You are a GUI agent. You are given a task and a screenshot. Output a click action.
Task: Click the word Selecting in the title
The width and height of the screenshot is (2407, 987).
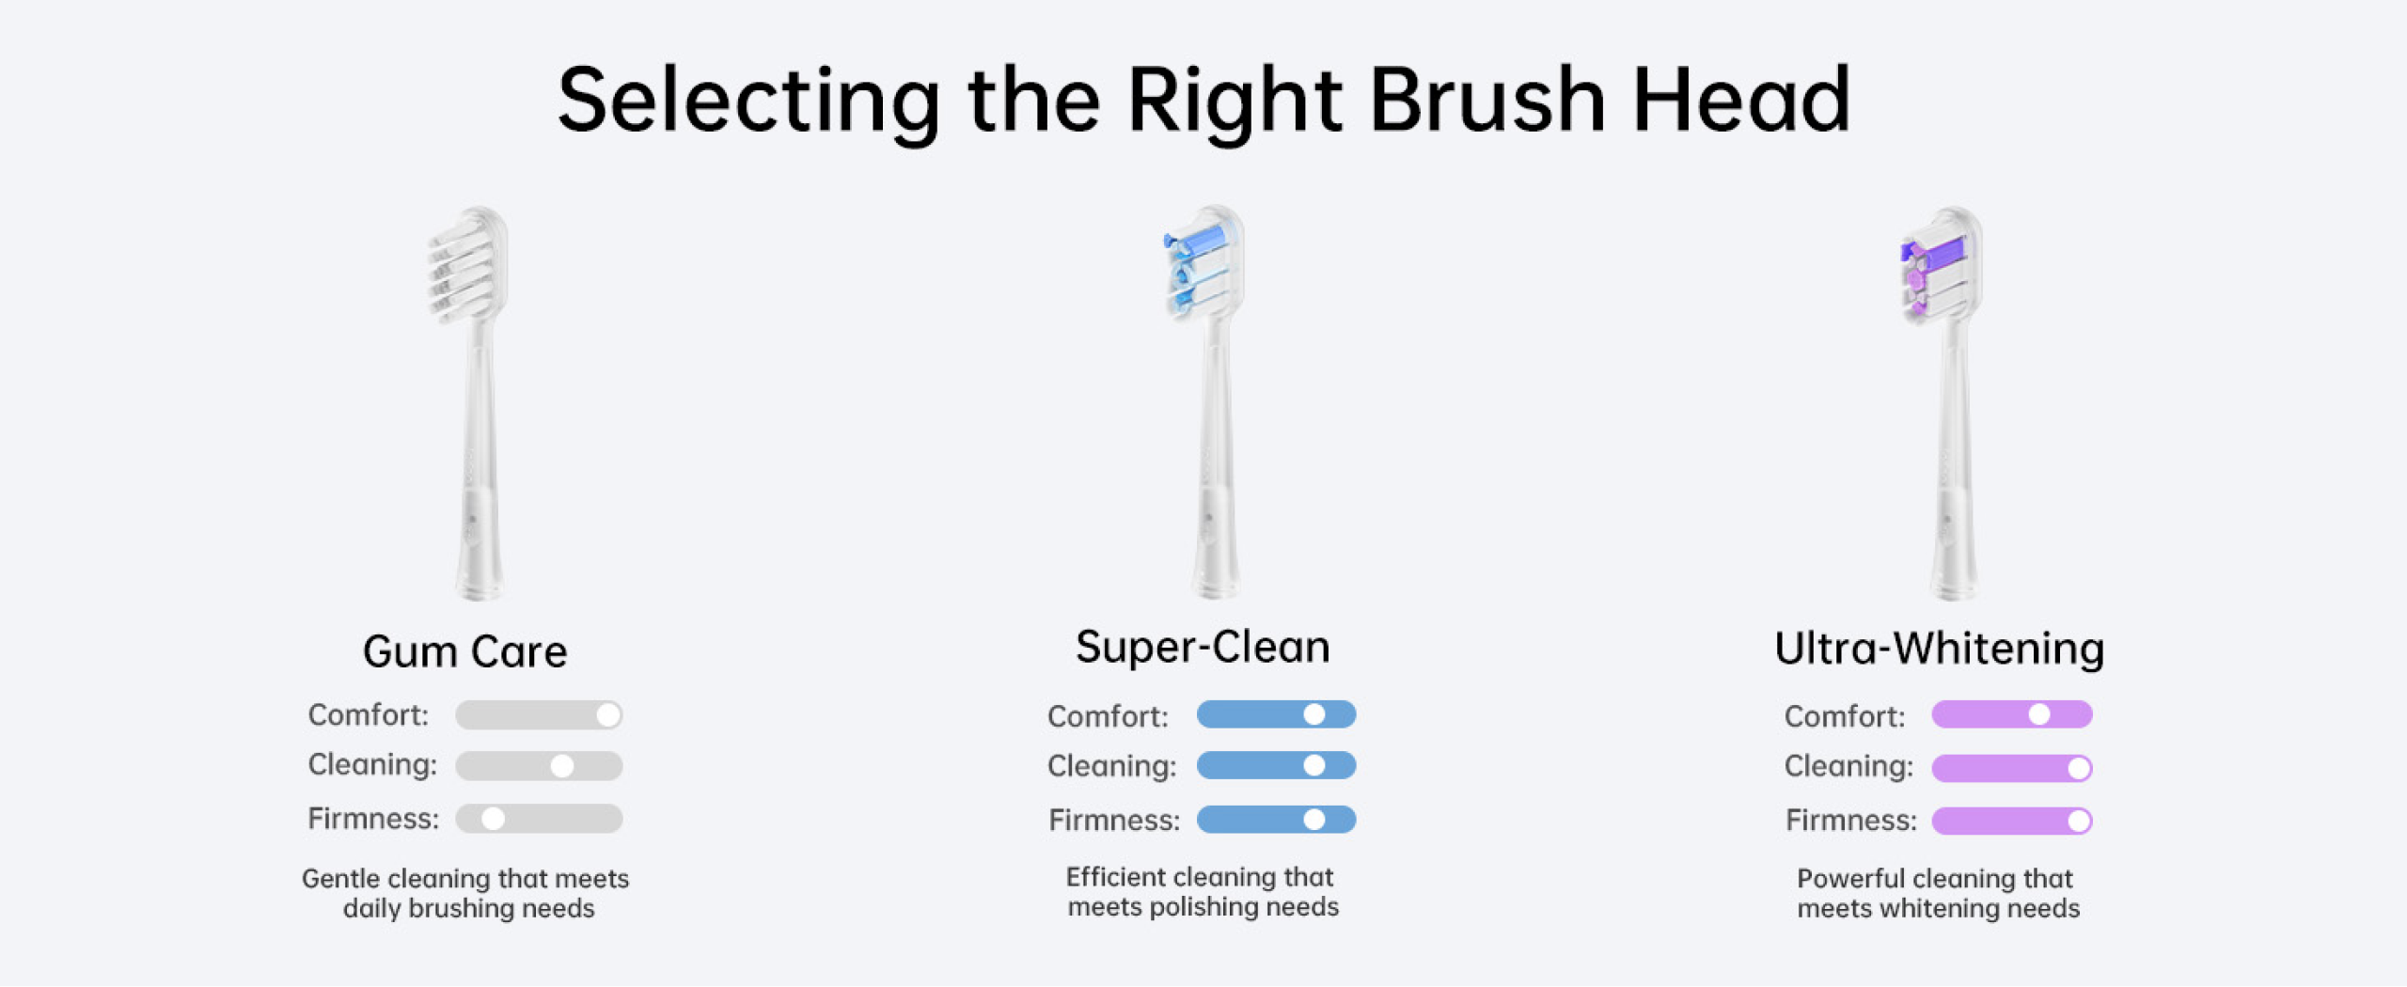[x=749, y=102]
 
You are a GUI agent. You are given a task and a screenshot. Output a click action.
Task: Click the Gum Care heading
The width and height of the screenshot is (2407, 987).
[x=465, y=651]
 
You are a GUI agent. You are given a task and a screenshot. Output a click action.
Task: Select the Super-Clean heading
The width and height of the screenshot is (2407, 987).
[x=1203, y=647]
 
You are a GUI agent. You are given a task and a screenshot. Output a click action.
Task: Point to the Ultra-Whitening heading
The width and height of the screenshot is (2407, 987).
[x=1939, y=650]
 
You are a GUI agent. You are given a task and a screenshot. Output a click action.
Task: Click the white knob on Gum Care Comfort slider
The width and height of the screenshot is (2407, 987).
[x=608, y=715]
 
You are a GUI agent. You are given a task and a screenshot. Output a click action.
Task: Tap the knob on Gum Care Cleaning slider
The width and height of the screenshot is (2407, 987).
[x=562, y=766]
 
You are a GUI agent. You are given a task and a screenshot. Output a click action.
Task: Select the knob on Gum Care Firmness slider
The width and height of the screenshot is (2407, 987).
[x=493, y=819]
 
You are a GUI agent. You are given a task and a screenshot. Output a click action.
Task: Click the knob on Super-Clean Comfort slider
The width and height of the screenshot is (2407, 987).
[x=1314, y=714]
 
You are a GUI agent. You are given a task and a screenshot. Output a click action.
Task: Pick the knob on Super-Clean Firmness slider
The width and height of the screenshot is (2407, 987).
[x=1314, y=820]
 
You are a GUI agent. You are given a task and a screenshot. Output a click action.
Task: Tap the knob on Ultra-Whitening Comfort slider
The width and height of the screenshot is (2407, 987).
[x=2038, y=714]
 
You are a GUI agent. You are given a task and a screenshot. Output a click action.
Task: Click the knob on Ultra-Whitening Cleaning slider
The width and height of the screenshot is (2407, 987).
[x=2079, y=768]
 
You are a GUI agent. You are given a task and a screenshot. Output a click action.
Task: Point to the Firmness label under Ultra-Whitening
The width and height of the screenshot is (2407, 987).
[x=1850, y=821]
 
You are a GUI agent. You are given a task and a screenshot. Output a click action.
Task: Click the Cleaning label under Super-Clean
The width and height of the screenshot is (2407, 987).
[x=1111, y=767]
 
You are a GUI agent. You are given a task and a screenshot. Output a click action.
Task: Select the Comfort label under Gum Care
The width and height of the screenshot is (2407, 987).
[x=368, y=715]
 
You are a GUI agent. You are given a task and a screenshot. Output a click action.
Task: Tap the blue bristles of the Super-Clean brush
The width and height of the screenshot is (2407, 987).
[x=1194, y=266]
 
